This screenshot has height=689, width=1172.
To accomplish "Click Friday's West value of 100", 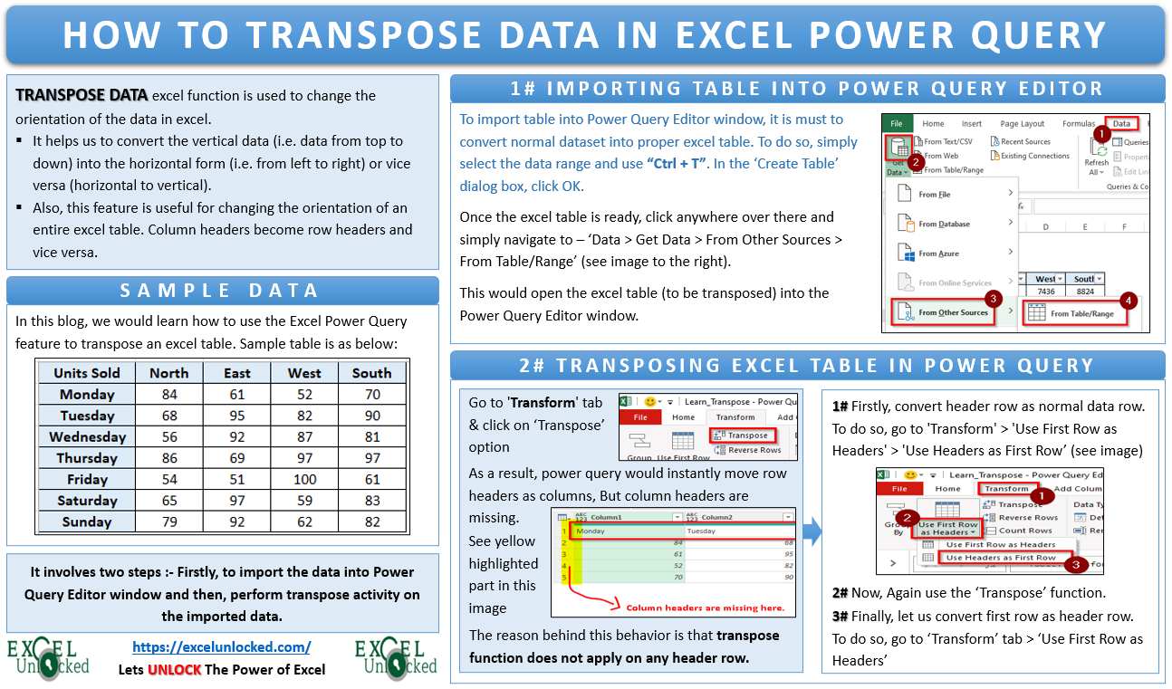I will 304,479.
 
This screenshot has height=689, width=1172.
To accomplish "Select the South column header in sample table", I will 371,373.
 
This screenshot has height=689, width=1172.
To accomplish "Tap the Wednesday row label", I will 87,436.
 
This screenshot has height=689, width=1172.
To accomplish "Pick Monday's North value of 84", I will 168,394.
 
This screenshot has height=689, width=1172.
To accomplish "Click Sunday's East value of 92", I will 237,522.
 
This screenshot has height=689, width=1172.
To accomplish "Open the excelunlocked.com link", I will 221,646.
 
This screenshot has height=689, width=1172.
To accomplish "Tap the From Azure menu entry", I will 938,254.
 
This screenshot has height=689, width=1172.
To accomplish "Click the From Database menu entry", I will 944,224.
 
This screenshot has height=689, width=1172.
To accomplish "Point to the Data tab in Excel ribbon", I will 1121,123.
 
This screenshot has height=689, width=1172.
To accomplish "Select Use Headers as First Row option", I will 1001,558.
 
